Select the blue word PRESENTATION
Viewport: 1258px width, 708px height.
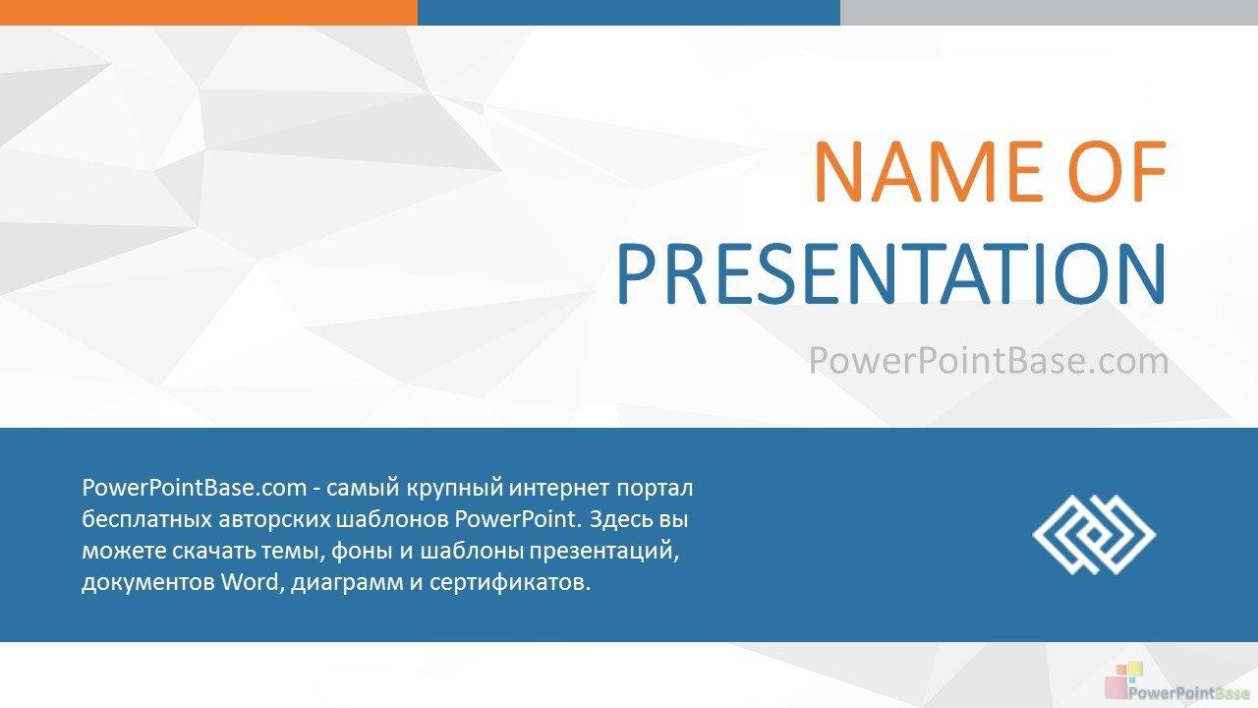click(x=891, y=273)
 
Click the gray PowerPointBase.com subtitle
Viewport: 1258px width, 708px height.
click(x=989, y=360)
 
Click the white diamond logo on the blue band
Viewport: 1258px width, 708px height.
click(x=1094, y=534)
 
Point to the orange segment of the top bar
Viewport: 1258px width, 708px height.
click(x=208, y=13)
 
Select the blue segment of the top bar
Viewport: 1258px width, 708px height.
click(x=628, y=13)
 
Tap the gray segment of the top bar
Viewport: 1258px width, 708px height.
click(x=1049, y=13)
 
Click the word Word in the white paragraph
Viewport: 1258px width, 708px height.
click(x=250, y=582)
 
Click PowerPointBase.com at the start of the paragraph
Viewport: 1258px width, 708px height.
click(x=195, y=488)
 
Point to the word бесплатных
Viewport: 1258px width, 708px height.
click(x=146, y=519)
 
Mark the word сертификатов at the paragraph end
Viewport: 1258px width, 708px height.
click(x=510, y=583)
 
